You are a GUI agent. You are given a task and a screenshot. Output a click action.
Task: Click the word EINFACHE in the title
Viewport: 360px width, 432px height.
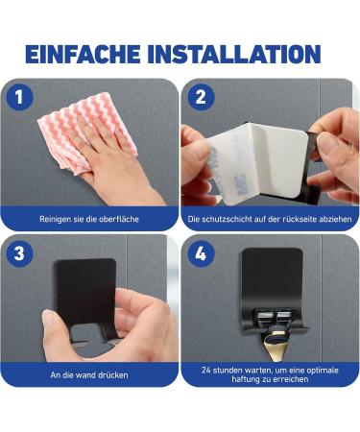pyautogui.click(x=83, y=54)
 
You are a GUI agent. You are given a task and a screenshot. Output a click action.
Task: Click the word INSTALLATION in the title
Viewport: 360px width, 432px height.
pyautogui.click(x=234, y=54)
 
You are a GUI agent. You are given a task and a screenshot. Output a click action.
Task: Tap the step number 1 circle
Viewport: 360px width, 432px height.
pyautogui.click(x=19, y=97)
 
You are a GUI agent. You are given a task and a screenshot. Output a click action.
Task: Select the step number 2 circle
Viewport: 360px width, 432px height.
pyautogui.click(x=201, y=97)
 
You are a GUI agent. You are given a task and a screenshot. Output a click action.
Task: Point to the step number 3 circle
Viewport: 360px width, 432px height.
pyautogui.click(x=19, y=253)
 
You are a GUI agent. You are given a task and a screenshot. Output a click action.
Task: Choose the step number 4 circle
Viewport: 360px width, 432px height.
pyautogui.click(x=201, y=253)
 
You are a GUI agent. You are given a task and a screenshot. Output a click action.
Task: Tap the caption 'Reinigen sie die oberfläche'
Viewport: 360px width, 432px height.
pyautogui.click(x=89, y=219)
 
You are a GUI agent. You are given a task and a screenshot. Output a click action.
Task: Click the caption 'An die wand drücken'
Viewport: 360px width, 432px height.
pyautogui.click(x=89, y=375)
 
